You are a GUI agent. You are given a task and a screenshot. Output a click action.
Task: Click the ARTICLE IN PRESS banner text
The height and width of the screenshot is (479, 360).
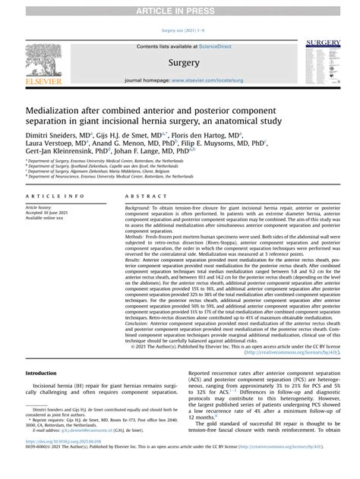click(x=180, y=9)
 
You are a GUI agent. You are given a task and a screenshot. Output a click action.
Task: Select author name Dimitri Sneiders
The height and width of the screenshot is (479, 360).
click(x=52, y=135)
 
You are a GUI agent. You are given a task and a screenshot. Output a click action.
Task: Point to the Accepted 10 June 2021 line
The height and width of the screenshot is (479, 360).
click(x=52, y=213)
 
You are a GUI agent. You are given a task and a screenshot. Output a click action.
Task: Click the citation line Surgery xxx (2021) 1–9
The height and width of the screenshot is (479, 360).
click(x=180, y=30)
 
